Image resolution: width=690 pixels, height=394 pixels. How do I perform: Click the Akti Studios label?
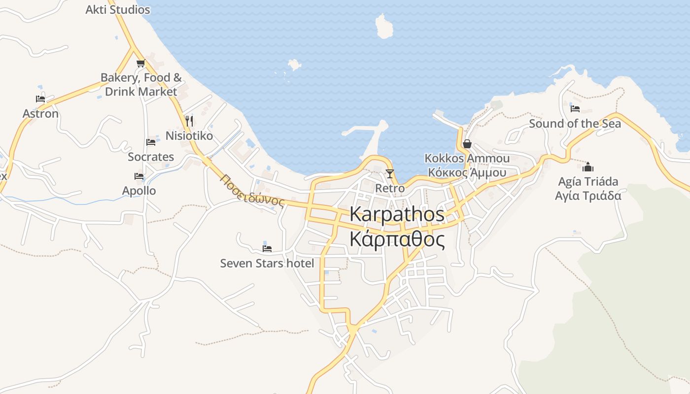click(x=117, y=9)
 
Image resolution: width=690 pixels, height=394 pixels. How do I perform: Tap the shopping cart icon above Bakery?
click(x=140, y=63)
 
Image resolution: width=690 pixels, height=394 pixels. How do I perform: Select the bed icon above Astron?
click(x=40, y=99)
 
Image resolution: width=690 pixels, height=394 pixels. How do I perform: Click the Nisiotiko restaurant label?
click(x=189, y=135)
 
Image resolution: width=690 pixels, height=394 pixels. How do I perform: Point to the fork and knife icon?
click(x=189, y=121)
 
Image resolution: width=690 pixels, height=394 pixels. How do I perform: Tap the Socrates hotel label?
click(x=151, y=157)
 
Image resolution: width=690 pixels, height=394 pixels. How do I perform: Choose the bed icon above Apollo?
click(x=139, y=176)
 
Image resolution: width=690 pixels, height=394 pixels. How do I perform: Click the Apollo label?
click(x=139, y=191)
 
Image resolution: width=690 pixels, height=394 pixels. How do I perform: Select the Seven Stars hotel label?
click(x=267, y=263)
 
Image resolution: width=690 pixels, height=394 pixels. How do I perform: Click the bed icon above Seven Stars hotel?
click(x=267, y=248)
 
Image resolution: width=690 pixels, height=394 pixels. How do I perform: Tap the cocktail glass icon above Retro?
click(x=390, y=173)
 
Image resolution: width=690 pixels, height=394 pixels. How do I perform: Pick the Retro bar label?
click(x=390, y=188)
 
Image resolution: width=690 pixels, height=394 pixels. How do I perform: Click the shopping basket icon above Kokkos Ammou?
click(x=467, y=144)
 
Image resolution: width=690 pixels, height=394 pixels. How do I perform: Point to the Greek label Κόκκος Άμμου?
click(x=467, y=172)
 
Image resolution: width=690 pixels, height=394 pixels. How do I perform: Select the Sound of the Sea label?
click(x=575, y=123)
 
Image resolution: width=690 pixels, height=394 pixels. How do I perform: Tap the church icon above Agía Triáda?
click(x=588, y=167)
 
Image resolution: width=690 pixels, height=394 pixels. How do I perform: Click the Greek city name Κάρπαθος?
click(x=397, y=239)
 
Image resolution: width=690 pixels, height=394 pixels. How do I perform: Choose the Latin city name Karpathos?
click(x=397, y=214)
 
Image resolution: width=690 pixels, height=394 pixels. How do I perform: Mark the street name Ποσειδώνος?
click(x=253, y=191)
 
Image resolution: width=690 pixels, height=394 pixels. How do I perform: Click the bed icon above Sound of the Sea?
click(x=575, y=108)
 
